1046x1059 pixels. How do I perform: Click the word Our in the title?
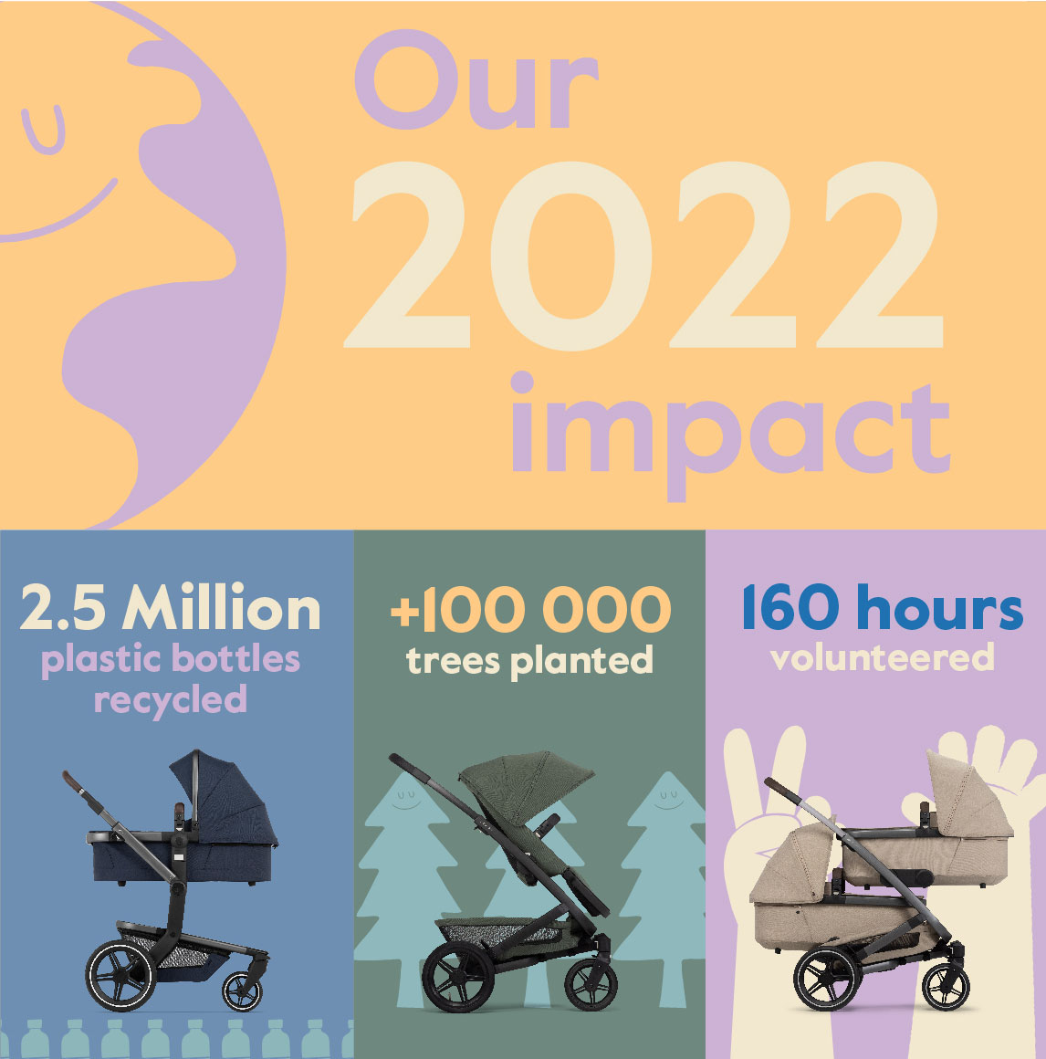pyautogui.click(x=476, y=79)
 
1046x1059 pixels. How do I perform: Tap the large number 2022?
pyautogui.click(x=643, y=256)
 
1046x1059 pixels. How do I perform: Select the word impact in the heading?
pyautogui.click(x=730, y=435)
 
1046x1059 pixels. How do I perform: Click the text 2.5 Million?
pyautogui.click(x=170, y=607)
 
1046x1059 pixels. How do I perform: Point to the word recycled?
pyautogui.click(x=170, y=700)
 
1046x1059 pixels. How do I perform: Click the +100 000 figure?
pyautogui.click(x=531, y=609)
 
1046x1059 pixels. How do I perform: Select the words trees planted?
pyautogui.click(x=530, y=661)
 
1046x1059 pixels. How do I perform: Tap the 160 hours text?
pyautogui.click(x=882, y=606)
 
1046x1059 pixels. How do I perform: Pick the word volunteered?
pyautogui.click(x=883, y=657)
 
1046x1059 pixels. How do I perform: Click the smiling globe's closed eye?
pyautogui.click(x=44, y=131)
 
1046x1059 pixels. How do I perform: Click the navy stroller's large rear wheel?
pyautogui.click(x=120, y=975)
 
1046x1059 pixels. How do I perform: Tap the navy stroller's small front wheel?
pyautogui.click(x=242, y=991)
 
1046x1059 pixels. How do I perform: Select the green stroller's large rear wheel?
pyautogui.click(x=458, y=977)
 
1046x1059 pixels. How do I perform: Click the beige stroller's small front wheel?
pyautogui.click(x=947, y=987)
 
